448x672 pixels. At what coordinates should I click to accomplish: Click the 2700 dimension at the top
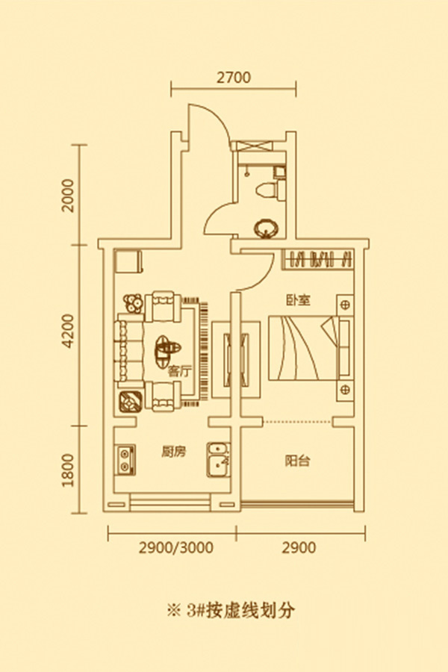pos(234,78)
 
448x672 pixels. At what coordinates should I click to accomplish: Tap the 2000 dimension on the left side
pos(67,196)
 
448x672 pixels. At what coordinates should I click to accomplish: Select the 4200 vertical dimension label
pos(67,331)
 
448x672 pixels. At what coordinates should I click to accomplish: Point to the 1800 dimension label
pos(67,470)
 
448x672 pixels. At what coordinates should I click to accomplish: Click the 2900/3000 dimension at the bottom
pos(175,547)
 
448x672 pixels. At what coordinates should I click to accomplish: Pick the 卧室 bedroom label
pos(299,300)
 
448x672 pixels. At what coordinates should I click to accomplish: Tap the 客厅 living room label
pos(178,371)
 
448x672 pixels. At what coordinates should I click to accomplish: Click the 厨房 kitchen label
pos(174,452)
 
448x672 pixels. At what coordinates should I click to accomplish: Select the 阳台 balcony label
pos(297,461)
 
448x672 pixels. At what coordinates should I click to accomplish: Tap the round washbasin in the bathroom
pos(266,228)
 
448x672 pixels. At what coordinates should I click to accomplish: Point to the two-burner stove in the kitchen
pos(125,460)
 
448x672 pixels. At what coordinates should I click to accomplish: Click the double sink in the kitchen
pos(219,460)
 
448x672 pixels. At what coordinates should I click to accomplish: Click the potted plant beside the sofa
pos(133,303)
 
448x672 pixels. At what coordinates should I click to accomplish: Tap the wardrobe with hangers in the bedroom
pos(317,259)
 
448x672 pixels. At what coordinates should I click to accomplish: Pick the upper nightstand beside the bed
pos(345,305)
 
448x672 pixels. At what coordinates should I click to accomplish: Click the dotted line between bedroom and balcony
pos(297,422)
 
